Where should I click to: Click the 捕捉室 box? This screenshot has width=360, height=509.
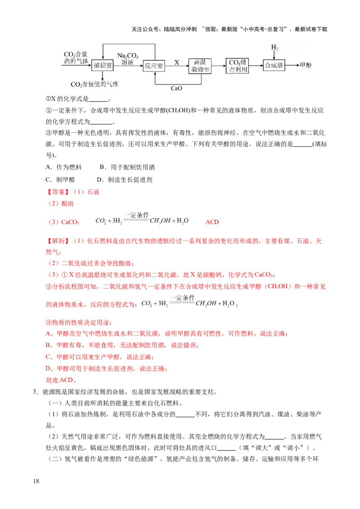pos(102,65)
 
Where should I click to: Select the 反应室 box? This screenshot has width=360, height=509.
pos(154,66)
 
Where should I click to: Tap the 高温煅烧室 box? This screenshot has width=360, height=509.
pos(200,66)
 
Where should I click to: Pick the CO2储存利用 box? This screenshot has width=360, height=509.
pos(238,66)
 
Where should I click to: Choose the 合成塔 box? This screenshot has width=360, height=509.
pos(274,65)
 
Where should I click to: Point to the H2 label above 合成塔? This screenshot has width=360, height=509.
pos(274,48)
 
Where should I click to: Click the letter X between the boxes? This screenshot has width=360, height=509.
pos(176,62)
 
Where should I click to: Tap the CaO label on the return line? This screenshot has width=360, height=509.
pos(176,89)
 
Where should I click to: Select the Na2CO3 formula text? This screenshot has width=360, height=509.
pos(128,55)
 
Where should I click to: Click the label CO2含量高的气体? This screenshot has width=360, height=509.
pos(76,57)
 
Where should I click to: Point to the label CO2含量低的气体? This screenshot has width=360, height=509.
pos(94,84)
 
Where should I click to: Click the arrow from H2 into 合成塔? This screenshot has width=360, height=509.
pos(274,55)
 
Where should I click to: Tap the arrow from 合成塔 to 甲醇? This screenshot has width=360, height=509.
pos(292,66)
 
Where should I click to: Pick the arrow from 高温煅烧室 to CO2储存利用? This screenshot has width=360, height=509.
pos(219,66)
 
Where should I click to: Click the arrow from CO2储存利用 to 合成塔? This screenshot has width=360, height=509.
pos(256,66)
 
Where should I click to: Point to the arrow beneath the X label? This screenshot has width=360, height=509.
pos(176,66)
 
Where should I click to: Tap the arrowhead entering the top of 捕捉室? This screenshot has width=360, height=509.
pos(102,57)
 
